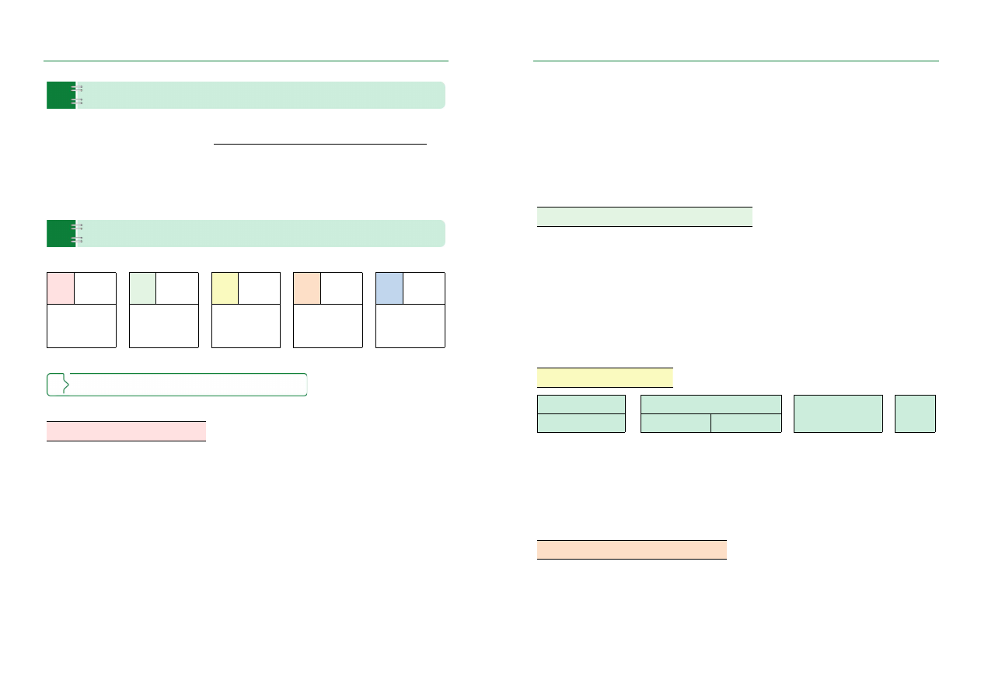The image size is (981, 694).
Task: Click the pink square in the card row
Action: pos(61,288)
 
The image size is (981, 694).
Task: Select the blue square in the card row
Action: pos(389,288)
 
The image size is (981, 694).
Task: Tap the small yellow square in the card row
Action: pos(225,288)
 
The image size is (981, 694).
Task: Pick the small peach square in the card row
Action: pos(307,288)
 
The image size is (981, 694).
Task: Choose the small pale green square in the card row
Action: pos(142,288)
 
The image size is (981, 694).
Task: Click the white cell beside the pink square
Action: pos(95,288)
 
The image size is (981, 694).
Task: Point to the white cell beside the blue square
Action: pos(424,288)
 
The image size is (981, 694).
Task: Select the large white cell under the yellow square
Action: pos(246,326)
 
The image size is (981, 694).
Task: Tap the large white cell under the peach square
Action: pos(328,326)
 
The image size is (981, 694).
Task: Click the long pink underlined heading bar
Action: pos(126,431)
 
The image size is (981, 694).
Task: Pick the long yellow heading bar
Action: pos(605,378)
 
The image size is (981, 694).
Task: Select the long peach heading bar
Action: pos(632,549)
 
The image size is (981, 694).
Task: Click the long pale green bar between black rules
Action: pos(644,217)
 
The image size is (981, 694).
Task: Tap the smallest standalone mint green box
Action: pos(915,413)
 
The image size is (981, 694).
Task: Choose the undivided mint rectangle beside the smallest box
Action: pos(838,413)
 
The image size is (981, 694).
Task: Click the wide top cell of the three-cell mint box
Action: pos(710,404)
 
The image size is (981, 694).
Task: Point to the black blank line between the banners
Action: pos(320,144)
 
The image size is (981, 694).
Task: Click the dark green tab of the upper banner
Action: pos(61,95)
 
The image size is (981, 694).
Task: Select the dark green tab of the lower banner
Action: pos(61,234)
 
